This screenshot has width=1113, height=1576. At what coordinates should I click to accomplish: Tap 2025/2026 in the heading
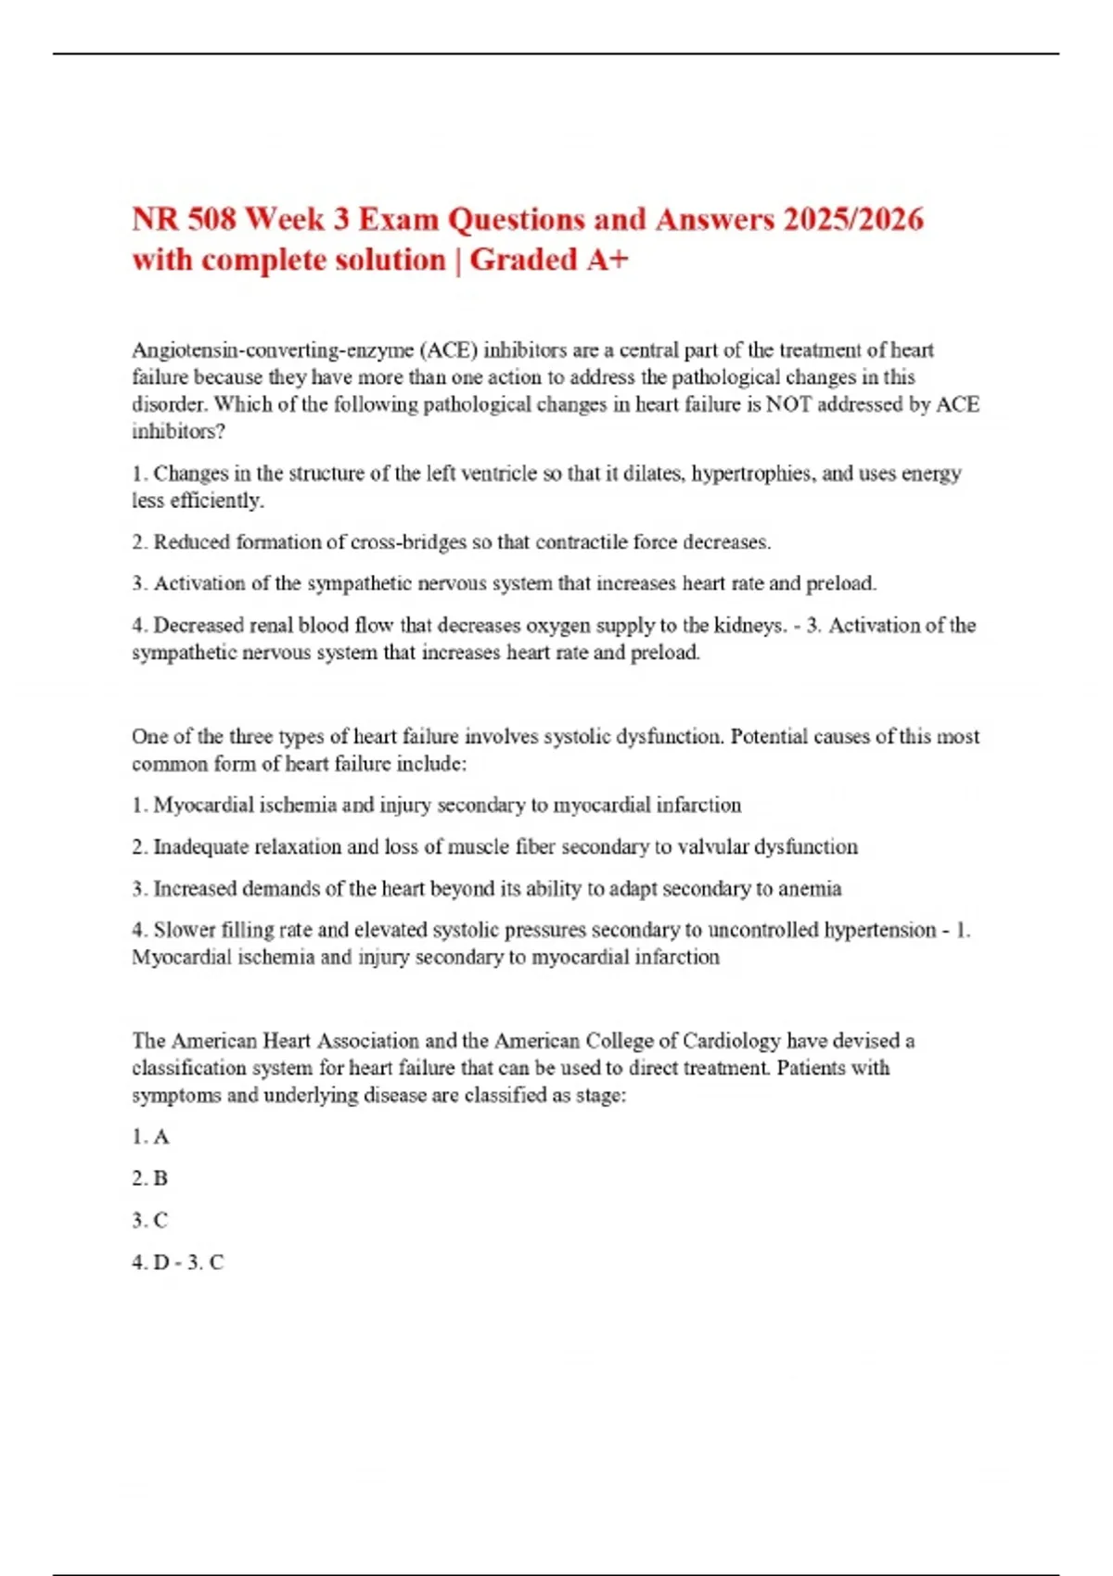(852, 220)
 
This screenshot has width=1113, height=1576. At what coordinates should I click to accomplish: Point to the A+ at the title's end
(608, 261)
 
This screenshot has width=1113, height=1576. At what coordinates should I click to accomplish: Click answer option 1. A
(150, 1138)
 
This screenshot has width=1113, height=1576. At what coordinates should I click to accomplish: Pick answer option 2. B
(150, 1179)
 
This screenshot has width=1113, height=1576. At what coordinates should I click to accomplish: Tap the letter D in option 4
(161, 1263)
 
